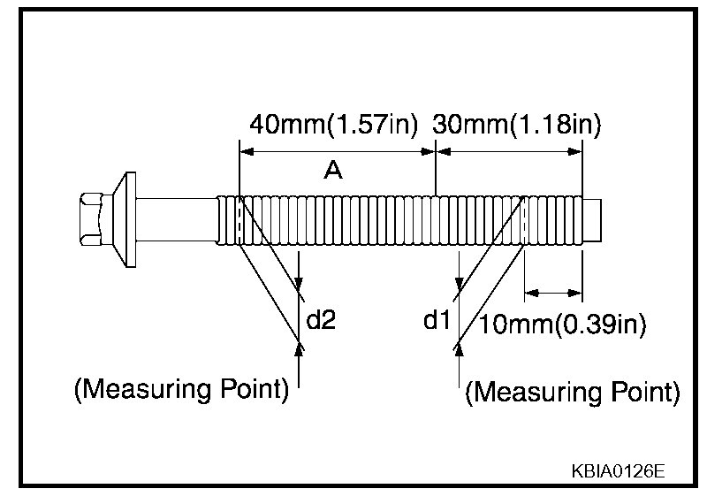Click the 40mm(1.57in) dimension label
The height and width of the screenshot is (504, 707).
click(x=332, y=125)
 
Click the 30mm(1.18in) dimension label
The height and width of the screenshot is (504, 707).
click(x=517, y=125)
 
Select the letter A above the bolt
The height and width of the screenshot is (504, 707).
click(x=332, y=171)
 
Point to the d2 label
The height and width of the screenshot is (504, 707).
click(x=321, y=319)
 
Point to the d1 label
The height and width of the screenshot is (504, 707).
click(x=437, y=319)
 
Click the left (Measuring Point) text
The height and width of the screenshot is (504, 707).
click(x=181, y=389)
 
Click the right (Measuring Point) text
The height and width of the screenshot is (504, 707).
click(x=572, y=392)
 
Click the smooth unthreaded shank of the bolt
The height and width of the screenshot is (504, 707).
click(x=177, y=218)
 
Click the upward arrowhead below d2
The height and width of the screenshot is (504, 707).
click(x=300, y=349)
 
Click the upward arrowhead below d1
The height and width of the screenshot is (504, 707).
click(x=458, y=349)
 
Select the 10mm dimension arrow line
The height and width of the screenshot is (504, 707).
click(x=553, y=291)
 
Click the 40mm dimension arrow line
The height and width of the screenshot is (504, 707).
click(x=338, y=152)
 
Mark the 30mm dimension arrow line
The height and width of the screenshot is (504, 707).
click(x=510, y=152)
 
